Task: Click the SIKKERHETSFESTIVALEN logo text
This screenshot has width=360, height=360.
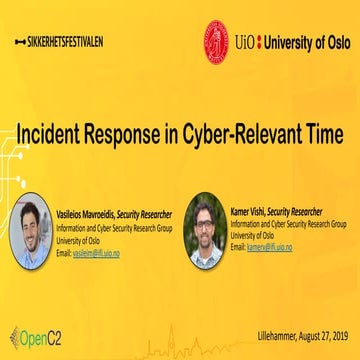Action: click(63, 42)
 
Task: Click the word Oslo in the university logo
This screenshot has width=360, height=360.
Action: click(331, 42)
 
